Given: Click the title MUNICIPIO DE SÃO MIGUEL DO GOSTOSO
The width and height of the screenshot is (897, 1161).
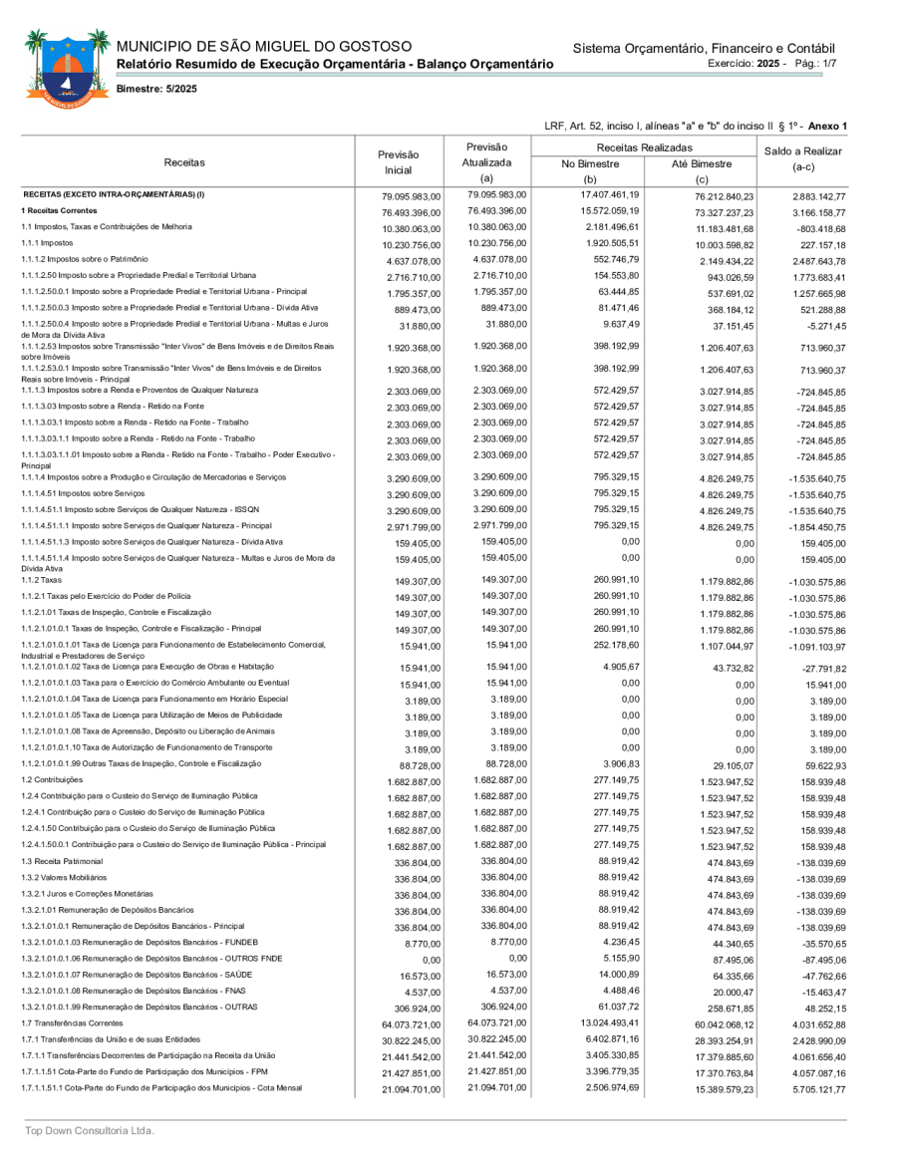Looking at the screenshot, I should coord(264,47).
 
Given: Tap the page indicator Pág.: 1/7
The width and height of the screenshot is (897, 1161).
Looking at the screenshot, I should coord(815,63).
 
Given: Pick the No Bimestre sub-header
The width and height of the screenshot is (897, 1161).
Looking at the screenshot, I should coord(591,164).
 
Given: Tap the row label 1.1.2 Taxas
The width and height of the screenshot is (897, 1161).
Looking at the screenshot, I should coord(41,579).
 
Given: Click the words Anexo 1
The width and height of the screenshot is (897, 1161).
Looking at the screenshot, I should coord(827,126).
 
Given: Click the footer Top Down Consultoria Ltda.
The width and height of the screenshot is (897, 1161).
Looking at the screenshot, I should coord(90,1131).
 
